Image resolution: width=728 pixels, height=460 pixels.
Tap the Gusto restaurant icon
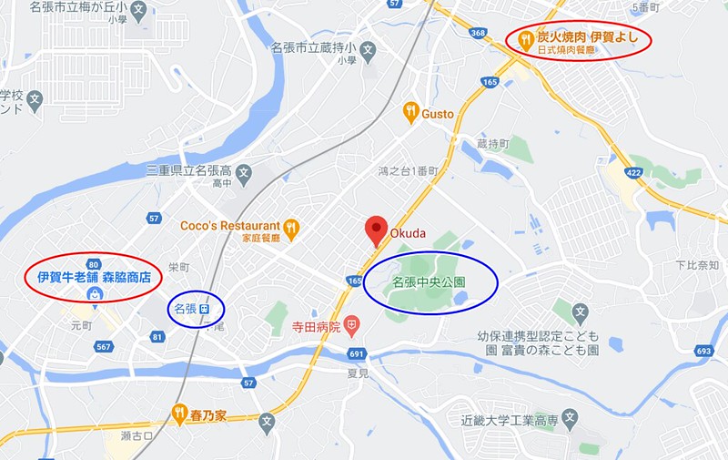tap(411, 112)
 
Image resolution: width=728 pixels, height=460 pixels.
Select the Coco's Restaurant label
tap(229, 225)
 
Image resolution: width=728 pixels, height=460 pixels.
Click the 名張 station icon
tap(206, 309)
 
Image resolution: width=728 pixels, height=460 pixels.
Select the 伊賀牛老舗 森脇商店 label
tap(94, 275)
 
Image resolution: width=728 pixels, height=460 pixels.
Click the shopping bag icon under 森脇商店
tap(94, 294)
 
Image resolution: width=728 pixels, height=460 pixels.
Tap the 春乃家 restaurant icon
tap(180, 415)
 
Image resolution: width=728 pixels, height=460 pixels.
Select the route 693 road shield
tap(703, 350)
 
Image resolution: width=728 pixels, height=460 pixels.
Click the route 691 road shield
tap(356, 353)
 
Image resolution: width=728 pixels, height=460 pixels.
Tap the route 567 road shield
tap(104, 346)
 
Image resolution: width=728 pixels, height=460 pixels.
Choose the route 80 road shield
tap(95, 265)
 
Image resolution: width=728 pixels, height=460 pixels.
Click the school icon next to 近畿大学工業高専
tap(570, 420)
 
